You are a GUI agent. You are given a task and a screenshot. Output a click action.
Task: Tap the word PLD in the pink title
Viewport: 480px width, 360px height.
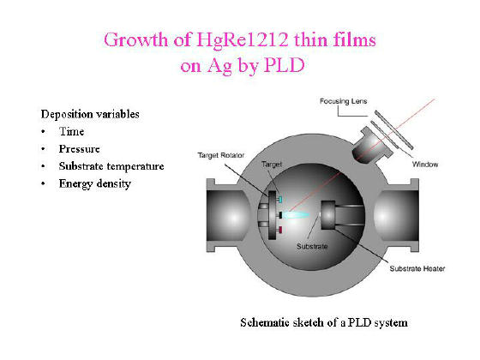[x=284, y=65]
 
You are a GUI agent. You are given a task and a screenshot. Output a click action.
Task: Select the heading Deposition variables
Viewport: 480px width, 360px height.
[x=90, y=115]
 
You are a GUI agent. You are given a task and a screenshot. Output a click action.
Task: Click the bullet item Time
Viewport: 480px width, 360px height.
[x=72, y=132]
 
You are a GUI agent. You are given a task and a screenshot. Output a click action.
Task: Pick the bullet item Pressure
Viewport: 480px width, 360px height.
[x=79, y=149]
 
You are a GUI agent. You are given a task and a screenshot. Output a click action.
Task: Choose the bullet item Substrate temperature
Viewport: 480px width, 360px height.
[x=111, y=166]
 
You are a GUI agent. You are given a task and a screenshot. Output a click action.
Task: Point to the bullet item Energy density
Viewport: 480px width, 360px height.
[x=95, y=183]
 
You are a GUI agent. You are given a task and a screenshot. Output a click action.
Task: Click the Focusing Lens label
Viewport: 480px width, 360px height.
[x=343, y=101]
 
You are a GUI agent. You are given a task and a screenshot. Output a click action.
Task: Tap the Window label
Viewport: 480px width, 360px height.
[x=425, y=165]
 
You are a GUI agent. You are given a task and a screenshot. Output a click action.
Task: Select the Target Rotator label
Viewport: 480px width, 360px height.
[x=221, y=155]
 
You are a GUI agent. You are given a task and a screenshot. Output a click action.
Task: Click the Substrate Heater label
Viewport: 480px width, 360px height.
[x=417, y=269]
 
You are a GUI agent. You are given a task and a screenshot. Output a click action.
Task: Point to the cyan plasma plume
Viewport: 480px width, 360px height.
[x=296, y=215]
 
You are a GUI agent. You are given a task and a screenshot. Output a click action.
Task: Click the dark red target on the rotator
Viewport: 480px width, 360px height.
[x=279, y=230]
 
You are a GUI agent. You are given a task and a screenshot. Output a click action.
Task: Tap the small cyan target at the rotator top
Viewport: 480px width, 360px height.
[x=279, y=200]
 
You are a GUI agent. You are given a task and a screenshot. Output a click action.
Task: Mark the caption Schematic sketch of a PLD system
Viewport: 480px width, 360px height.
[x=324, y=322]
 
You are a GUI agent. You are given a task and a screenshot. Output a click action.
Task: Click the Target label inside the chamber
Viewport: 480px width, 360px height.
[x=272, y=165]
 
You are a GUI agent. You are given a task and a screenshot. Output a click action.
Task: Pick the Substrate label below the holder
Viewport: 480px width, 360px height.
[x=312, y=247]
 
